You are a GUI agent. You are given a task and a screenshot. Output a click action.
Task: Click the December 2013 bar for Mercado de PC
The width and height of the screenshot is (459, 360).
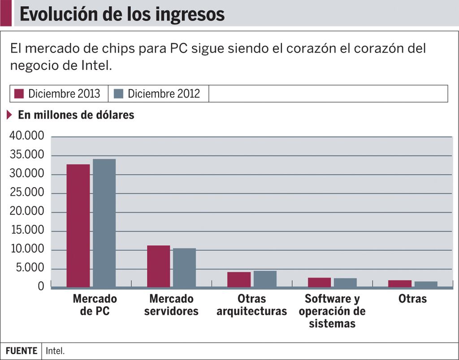click(x=78, y=226)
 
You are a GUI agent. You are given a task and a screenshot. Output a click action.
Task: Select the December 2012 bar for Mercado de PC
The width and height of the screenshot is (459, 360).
click(x=104, y=223)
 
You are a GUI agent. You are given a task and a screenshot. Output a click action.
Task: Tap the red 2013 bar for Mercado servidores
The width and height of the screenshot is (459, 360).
click(x=158, y=266)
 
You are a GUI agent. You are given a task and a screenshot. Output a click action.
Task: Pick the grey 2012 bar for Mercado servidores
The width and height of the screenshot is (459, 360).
click(x=185, y=267)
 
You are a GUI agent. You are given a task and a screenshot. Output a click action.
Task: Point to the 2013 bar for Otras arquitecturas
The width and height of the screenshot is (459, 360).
click(x=239, y=279)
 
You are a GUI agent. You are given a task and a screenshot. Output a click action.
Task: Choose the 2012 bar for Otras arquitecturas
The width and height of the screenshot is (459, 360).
click(x=265, y=279)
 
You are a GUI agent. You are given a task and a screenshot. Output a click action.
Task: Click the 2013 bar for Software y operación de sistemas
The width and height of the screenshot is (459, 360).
click(x=319, y=283)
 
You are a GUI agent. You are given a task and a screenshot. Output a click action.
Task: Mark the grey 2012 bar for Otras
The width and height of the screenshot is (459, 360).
click(x=426, y=284)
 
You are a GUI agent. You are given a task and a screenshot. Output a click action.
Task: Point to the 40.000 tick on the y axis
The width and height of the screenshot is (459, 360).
click(x=27, y=136)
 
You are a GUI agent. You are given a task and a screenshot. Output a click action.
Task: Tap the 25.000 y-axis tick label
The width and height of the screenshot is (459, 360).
click(x=27, y=193)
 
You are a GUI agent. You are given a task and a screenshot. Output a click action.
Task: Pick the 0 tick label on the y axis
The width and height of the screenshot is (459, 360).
click(x=41, y=286)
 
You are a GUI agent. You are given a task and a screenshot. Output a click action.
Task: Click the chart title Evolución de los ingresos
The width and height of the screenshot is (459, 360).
click(x=122, y=14)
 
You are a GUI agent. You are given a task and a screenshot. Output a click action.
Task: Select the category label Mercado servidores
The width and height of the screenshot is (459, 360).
click(x=171, y=304)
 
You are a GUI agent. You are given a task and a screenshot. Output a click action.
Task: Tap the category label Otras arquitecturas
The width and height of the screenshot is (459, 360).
click(x=251, y=304)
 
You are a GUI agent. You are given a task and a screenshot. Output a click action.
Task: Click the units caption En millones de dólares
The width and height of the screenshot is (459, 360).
click(x=76, y=115)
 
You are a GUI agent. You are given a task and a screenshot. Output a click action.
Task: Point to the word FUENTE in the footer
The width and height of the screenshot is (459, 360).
click(x=21, y=351)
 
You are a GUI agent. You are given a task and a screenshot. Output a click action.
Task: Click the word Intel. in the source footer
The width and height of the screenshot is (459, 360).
click(x=55, y=351)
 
